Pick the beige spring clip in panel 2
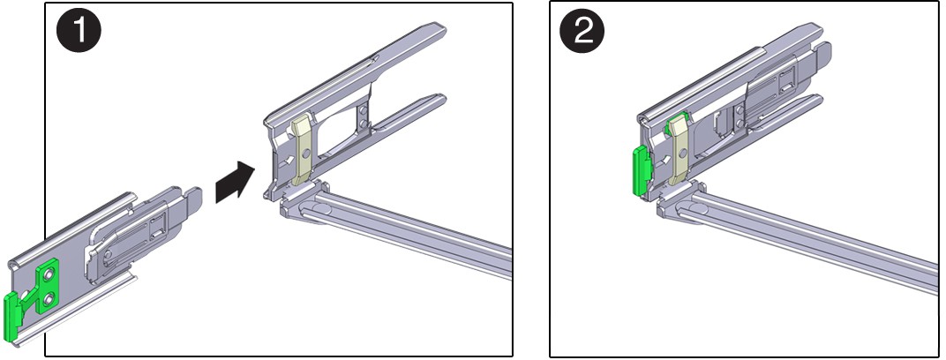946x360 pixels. [x=679, y=150]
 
